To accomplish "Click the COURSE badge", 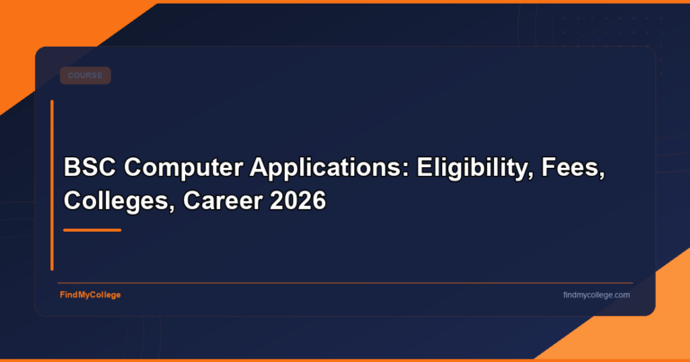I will [84, 75].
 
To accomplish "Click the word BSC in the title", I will [88, 168].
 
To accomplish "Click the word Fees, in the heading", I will [571, 168].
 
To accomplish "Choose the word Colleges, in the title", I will [117, 201].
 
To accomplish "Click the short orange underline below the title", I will [92, 230].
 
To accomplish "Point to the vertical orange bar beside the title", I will [52, 184].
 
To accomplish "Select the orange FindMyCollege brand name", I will [90, 295].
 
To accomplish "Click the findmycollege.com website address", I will [596, 295].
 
